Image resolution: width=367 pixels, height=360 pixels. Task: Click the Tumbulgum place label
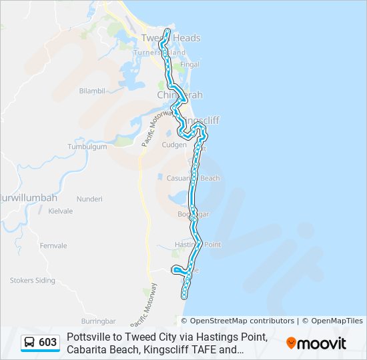[x=87, y=147]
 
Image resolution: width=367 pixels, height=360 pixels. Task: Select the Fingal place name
[x=190, y=65]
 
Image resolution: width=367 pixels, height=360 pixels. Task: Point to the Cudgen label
[x=174, y=144]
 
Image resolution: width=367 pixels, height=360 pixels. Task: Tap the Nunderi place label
[x=89, y=199]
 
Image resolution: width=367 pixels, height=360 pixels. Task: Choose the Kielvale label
[x=60, y=210]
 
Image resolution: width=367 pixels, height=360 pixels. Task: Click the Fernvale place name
[x=53, y=245]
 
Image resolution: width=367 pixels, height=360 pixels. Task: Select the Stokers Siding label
[x=32, y=281]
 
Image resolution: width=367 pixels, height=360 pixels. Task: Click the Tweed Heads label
[x=171, y=38]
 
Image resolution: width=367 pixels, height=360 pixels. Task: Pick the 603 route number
[x=48, y=343]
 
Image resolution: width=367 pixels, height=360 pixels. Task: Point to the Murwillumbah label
[x=29, y=198]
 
